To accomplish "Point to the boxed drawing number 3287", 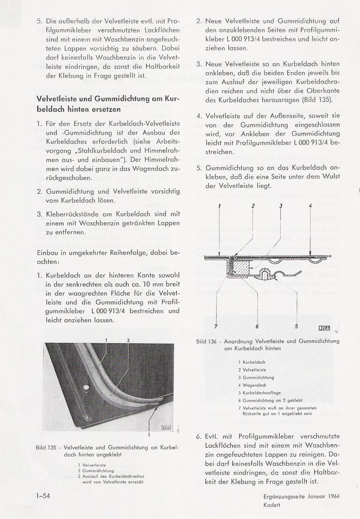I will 324,328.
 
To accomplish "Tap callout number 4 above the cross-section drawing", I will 310,206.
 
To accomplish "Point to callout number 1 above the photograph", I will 106,340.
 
